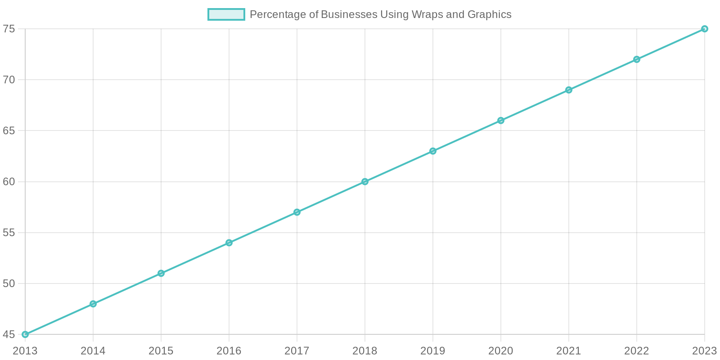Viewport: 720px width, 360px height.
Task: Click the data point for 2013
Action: coord(25,334)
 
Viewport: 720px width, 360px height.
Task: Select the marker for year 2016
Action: coord(229,243)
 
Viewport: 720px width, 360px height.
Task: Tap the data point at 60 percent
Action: coord(365,182)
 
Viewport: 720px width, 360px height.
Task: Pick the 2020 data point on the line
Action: coord(501,121)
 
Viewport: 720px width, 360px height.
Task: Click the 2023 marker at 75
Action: coord(705,29)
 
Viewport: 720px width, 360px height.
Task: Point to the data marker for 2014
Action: coord(93,304)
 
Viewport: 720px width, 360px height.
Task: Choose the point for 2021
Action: coord(569,90)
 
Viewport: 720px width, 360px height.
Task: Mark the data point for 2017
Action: coord(297,212)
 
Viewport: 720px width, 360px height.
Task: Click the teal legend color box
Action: coord(226,14)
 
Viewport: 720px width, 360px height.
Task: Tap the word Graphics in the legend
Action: coord(489,14)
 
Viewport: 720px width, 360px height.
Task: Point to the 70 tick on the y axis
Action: coord(9,80)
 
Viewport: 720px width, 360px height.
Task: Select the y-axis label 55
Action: coord(9,233)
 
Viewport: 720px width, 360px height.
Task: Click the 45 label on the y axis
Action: coord(9,334)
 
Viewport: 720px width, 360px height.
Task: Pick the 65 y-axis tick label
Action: coord(9,130)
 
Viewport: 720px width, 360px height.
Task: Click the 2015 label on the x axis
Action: coord(161,351)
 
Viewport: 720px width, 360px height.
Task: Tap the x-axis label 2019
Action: coord(433,351)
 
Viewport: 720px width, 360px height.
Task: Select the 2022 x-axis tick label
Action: coord(637,351)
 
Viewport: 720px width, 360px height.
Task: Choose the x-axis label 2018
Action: coord(365,351)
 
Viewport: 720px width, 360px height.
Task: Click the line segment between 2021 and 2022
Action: coord(603,75)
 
